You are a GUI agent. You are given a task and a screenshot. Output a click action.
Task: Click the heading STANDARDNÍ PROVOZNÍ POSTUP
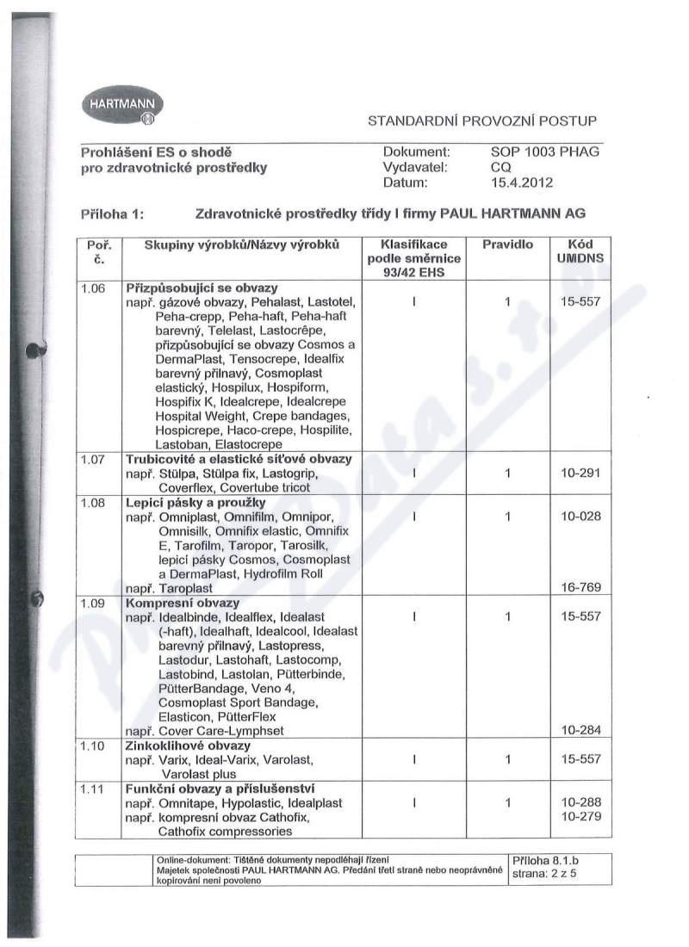pyautogui.click(x=482, y=121)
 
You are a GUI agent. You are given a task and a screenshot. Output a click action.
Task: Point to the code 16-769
pyautogui.click(x=580, y=588)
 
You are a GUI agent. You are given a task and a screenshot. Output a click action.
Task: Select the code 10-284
pyautogui.click(x=580, y=731)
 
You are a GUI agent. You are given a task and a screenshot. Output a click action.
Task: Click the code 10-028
pyautogui.click(x=580, y=517)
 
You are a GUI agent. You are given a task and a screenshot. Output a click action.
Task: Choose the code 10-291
pyautogui.click(x=580, y=473)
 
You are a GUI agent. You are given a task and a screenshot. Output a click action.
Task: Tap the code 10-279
pyautogui.click(x=580, y=816)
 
